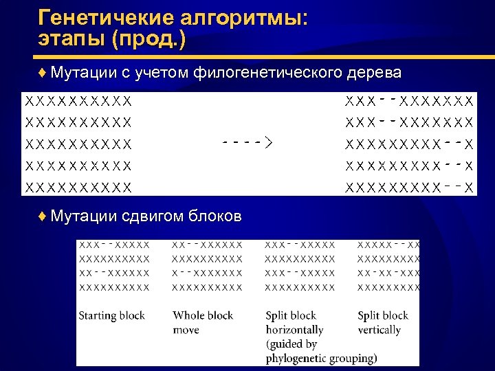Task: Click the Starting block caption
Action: [x=111, y=316]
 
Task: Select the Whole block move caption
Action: [x=202, y=323]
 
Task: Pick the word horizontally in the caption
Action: [x=294, y=330]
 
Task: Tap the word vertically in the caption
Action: [x=379, y=330]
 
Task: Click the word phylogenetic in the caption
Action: [x=296, y=359]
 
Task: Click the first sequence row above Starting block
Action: [x=114, y=245]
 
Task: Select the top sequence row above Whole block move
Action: [x=207, y=245]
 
